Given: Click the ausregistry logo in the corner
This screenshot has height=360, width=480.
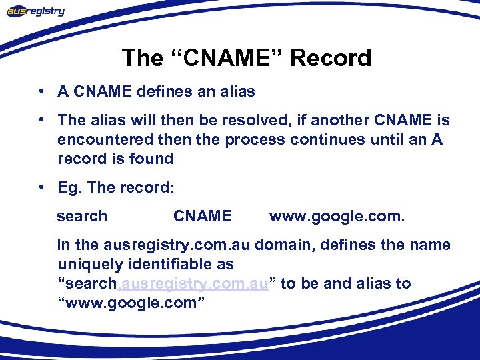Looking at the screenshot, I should [36, 11].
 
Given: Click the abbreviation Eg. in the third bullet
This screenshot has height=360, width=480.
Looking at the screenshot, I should [69, 188].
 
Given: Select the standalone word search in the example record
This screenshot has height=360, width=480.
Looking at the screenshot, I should [82, 216].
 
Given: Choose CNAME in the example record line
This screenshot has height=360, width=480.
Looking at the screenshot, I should [202, 216].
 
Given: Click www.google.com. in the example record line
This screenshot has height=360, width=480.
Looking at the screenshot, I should [337, 216].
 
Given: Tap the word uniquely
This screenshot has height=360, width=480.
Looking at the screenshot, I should [87, 264].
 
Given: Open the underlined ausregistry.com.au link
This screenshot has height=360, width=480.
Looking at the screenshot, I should [193, 283].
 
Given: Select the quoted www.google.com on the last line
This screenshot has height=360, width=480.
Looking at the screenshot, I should [132, 303].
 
